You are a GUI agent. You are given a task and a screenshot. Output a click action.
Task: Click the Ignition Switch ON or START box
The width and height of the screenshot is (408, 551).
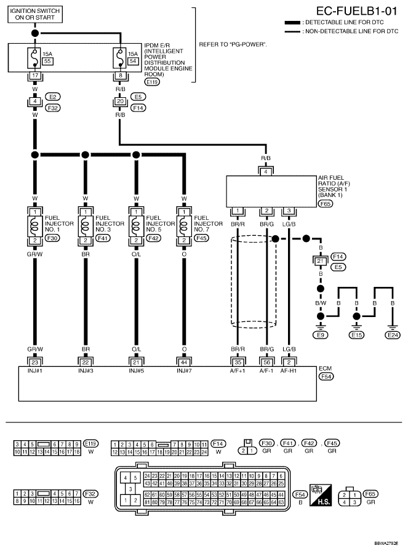pos(35,14)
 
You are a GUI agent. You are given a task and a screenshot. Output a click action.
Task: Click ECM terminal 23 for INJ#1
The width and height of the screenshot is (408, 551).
pos(35,361)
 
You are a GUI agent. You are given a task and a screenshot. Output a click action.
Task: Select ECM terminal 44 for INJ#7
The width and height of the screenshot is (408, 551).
pos(183,361)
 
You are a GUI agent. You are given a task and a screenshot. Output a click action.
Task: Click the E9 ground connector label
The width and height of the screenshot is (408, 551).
pos(321,335)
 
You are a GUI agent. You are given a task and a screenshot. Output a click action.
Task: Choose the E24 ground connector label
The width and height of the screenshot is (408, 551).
pos(392,335)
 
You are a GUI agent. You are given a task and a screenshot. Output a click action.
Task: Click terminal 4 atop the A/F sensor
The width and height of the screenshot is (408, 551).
pos(266,171)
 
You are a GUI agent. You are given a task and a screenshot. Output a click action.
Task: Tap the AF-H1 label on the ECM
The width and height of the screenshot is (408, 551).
pos(289,371)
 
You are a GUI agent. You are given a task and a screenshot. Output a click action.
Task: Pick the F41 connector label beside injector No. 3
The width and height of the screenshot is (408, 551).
pos(101,238)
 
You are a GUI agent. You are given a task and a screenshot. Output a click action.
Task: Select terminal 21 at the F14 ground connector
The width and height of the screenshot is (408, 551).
pos(319,261)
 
